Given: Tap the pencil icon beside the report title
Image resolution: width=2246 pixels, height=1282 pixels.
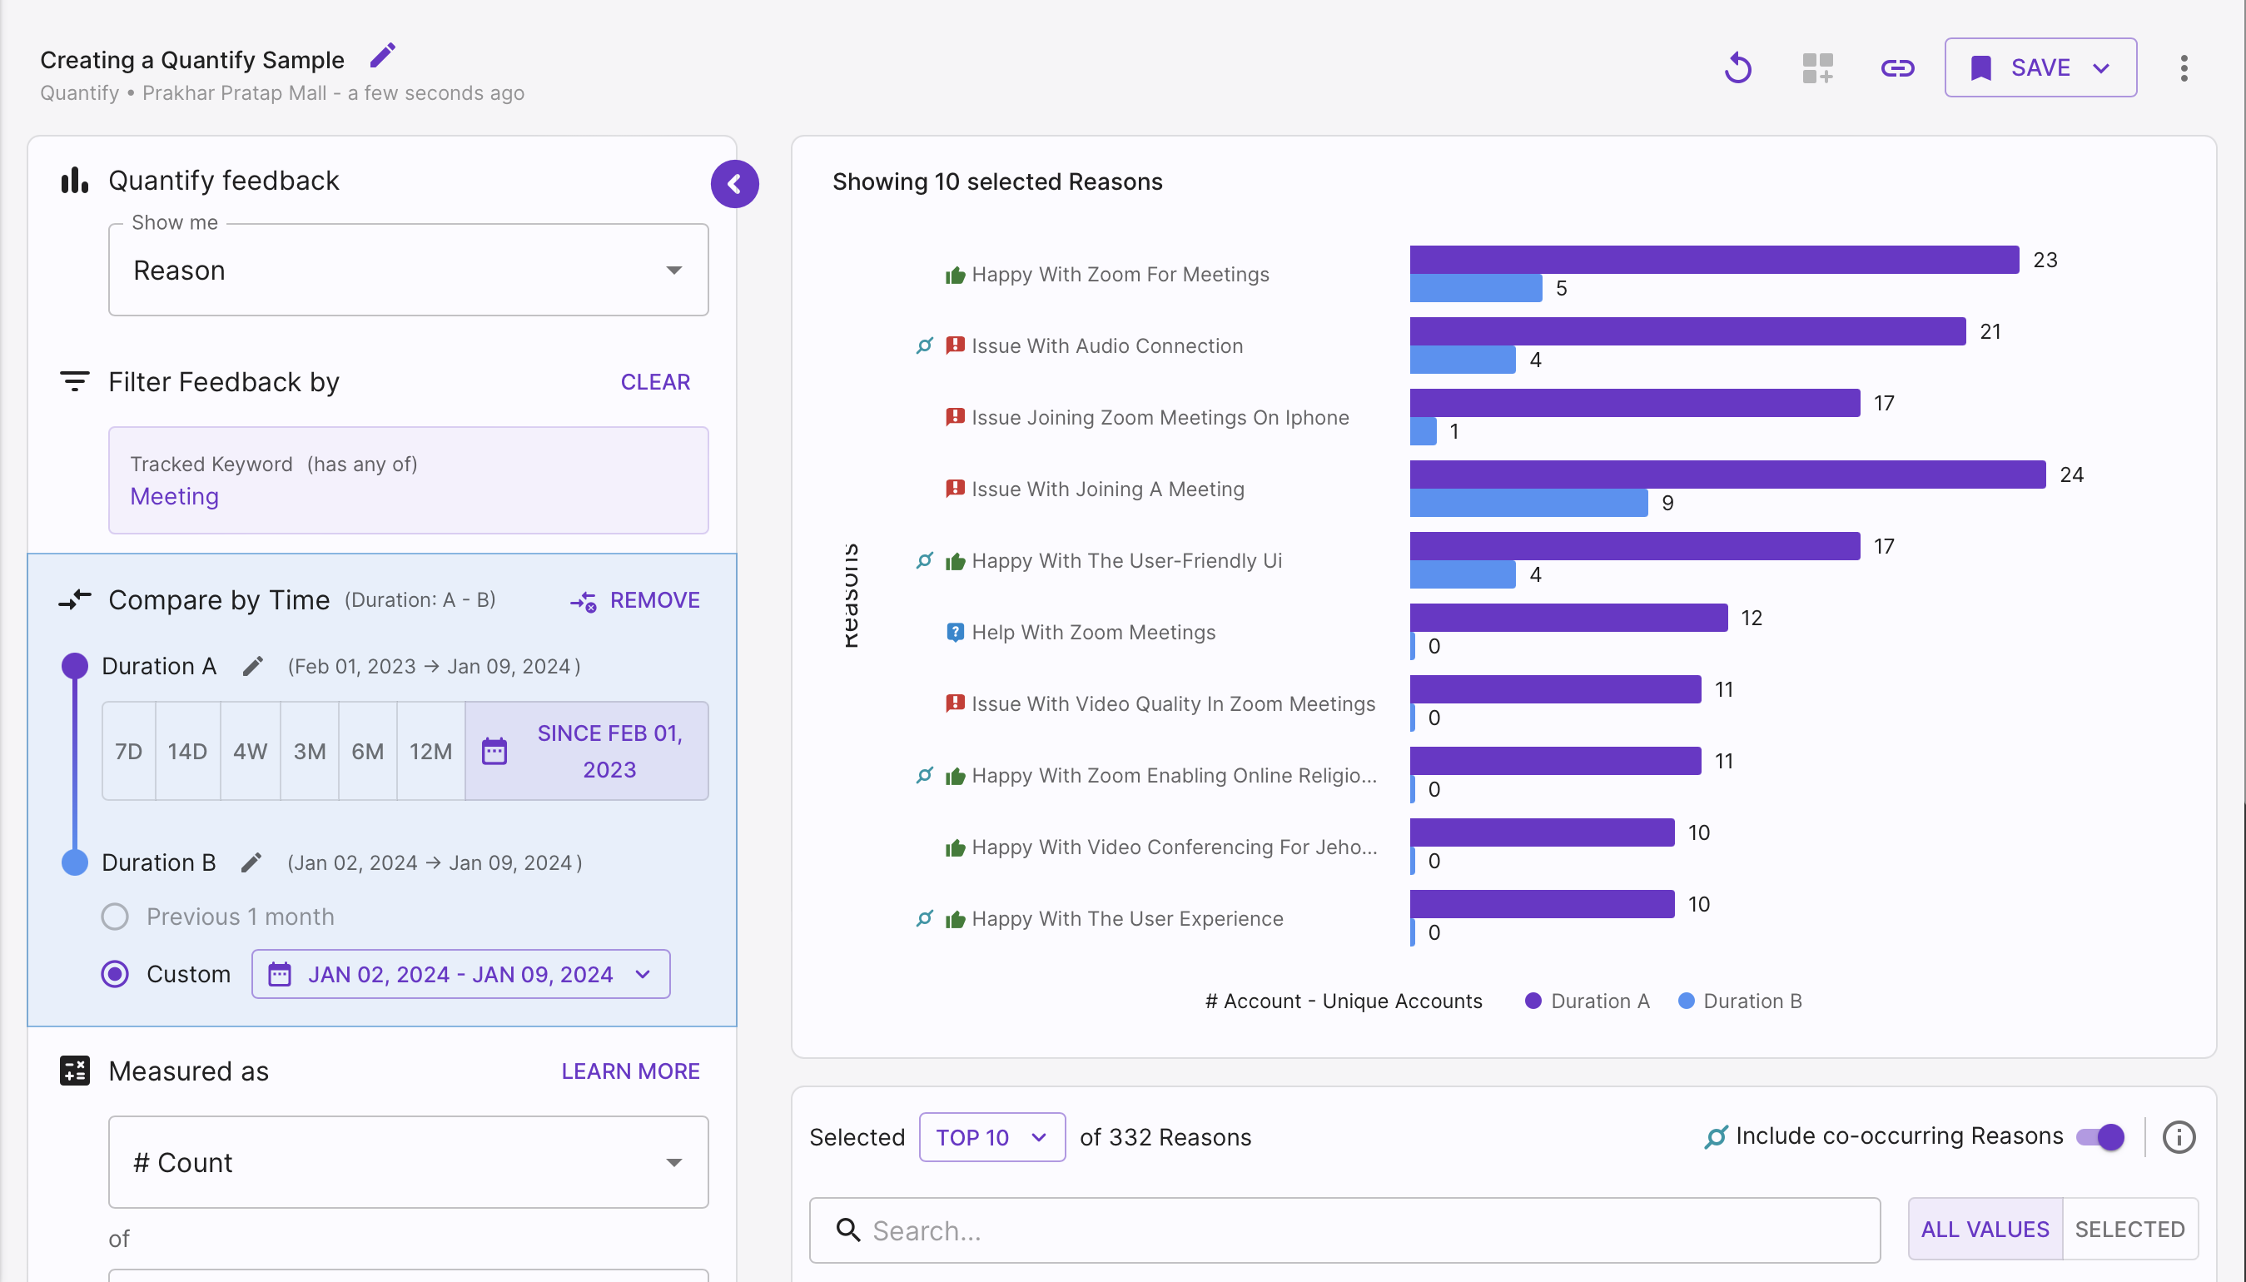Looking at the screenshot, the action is [382, 56].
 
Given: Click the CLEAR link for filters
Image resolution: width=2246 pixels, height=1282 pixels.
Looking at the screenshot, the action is [655, 382].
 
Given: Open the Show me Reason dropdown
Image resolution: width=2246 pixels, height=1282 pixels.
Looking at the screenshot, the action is [408, 271].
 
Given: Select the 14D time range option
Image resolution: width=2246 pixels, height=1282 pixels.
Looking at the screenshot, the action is [187, 751].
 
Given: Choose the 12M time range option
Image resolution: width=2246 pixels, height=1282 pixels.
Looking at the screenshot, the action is [430, 751].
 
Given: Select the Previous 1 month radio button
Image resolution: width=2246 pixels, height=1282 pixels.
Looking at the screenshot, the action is [114, 917].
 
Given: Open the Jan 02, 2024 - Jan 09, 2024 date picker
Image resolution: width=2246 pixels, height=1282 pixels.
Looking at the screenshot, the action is [460, 974].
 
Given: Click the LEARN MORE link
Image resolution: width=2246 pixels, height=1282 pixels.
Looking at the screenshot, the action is [630, 1071].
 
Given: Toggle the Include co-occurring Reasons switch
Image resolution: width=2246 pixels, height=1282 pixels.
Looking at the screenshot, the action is [2099, 1136].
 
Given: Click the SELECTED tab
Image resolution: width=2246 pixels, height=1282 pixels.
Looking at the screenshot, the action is [2129, 1230].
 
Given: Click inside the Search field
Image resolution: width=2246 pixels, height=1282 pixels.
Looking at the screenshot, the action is [1344, 1230].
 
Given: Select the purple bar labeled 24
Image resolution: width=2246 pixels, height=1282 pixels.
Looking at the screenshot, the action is [1727, 475].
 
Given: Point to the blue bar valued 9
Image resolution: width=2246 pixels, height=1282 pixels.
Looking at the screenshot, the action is [1528, 503].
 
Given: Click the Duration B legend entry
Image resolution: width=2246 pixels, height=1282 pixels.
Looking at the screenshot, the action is [1740, 1001].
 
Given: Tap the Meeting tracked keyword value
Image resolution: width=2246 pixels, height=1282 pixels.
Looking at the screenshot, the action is [174, 497].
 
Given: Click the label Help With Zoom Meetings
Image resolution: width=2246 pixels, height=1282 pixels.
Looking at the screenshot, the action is [1094, 632].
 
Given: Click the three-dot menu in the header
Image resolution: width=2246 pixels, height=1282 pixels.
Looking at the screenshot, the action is [2184, 67].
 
